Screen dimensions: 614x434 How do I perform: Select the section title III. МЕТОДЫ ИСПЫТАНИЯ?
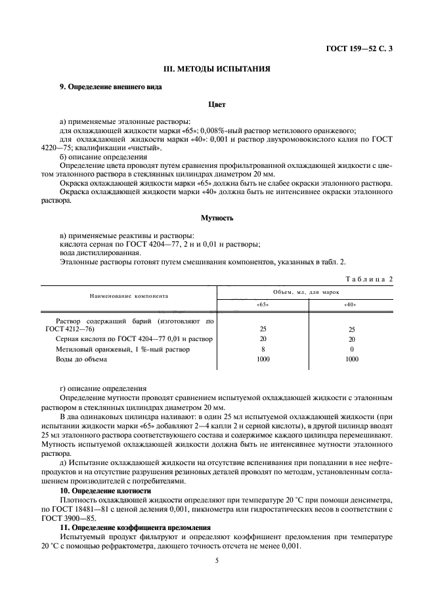coord(217,69)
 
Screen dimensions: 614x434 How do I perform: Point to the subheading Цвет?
coord(217,104)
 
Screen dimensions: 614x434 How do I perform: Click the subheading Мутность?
coord(217,217)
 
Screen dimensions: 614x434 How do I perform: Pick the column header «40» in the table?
coord(351,304)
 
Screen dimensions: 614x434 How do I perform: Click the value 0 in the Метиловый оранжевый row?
coord(351,349)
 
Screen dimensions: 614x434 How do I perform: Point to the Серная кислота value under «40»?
coord(351,339)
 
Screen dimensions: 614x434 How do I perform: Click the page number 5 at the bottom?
coord(217,560)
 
